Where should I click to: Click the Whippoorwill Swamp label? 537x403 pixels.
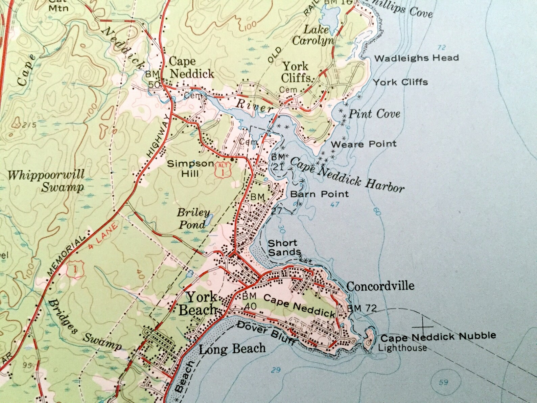[x=46, y=181]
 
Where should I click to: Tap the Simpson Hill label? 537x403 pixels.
[x=191, y=168]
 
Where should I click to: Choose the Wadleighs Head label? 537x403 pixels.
[x=416, y=58]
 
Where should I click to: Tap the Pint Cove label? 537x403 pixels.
[x=374, y=114]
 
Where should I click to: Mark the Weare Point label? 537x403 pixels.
[x=364, y=144]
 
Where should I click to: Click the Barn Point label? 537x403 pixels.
[x=319, y=194]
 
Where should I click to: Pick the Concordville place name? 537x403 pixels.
[x=380, y=286]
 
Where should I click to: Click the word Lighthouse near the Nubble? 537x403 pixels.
[x=402, y=348]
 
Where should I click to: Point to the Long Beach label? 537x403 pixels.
[x=232, y=349]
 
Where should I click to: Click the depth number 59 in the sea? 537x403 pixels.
[x=443, y=382]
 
